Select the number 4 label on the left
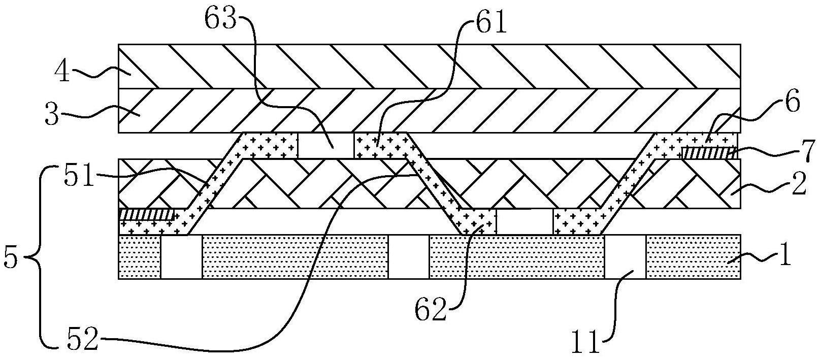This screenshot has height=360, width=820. [x=62, y=72]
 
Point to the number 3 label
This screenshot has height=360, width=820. [x=52, y=114]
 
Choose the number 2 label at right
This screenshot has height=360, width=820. [x=798, y=184]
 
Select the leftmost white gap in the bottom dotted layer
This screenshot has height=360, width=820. [x=181, y=257]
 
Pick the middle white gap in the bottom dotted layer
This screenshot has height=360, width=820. [x=409, y=257]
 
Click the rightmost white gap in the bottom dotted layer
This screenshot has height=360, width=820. [x=625, y=257]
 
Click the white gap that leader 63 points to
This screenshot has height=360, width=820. [x=326, y=145]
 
